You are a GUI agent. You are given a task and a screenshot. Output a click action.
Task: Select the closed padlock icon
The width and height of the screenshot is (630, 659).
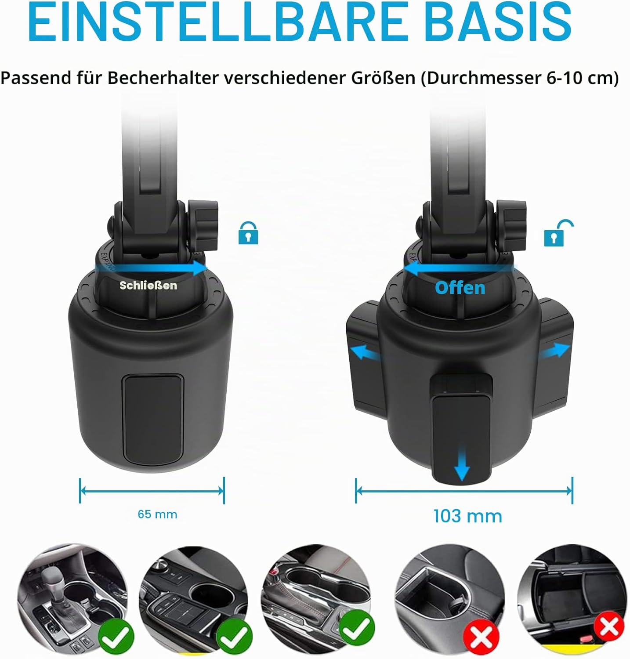[x=248, y=233]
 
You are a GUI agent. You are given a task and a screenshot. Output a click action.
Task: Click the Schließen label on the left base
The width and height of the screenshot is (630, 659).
[x=148, y=286]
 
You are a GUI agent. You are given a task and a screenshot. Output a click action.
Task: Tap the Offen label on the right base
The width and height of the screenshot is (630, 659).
[x=460, y=288]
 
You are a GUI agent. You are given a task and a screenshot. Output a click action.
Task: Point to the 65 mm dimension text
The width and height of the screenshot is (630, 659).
[x=157, y=514]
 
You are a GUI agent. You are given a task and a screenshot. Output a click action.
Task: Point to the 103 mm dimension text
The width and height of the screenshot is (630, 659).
[x=467, y=516]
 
